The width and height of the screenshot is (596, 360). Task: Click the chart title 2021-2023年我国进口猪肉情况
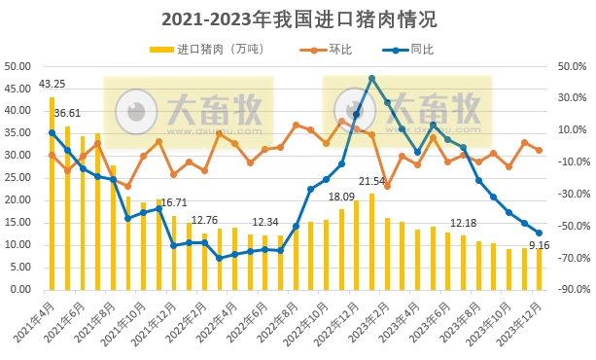[x=298, y=18]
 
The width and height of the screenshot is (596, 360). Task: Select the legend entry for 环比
[x=332, y=49]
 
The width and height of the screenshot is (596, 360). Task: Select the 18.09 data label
[x=341, y=197]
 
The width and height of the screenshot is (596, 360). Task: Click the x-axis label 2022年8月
[x=283, y=321]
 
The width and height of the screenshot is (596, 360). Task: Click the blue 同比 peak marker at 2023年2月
[x=372, y=78]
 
